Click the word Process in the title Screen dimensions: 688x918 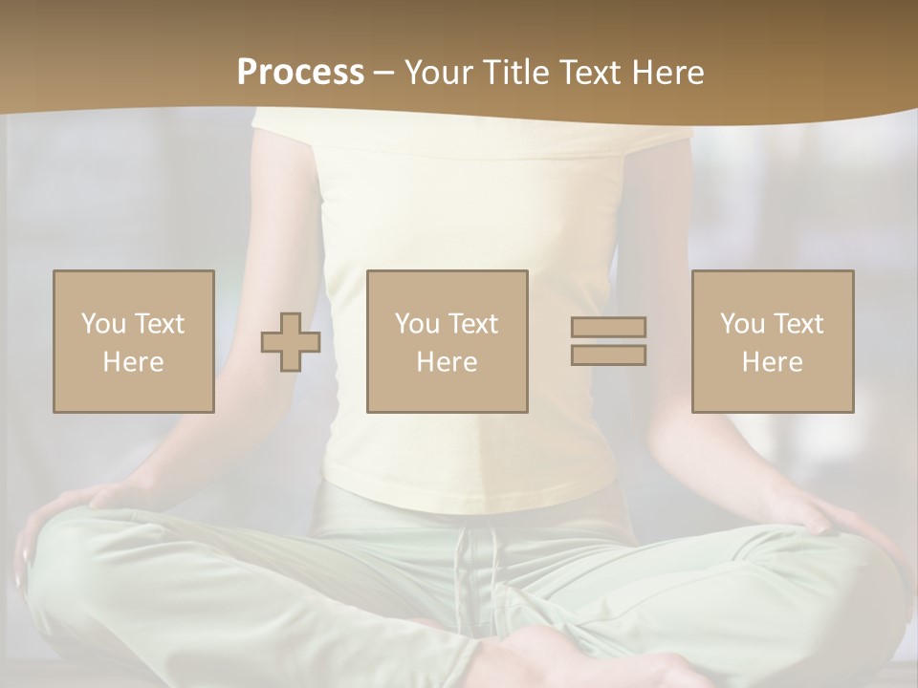300,73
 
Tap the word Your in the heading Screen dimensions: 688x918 439,73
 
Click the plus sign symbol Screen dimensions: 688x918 291,341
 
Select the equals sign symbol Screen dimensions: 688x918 608,341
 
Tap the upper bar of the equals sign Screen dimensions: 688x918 608,328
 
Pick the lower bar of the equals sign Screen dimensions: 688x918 608,355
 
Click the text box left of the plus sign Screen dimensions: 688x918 134,341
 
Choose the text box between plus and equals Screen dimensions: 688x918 448,341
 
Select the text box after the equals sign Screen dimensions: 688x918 773,341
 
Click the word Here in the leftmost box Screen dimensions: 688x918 134,362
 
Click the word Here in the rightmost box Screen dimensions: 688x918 773,362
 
